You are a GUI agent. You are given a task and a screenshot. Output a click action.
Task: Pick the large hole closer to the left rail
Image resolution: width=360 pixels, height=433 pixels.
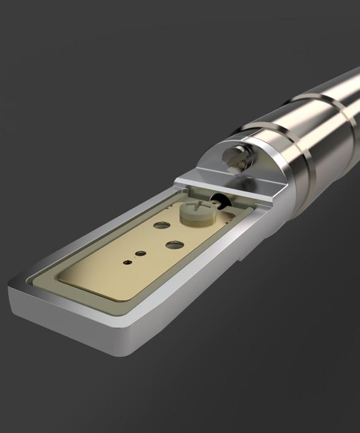coord(161,225)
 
